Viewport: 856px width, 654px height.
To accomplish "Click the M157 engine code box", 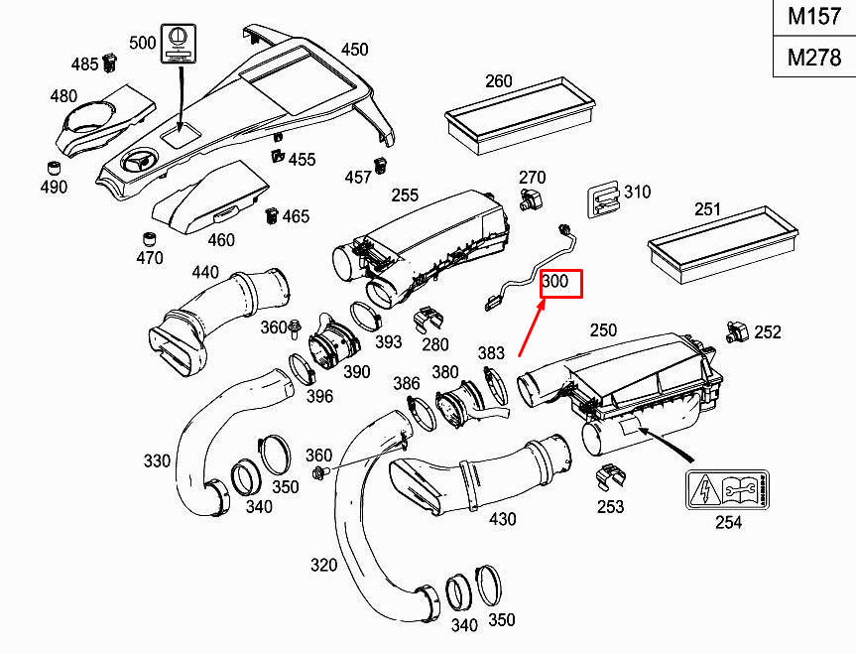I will tap(813, 18).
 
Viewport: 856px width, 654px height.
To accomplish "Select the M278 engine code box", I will tap(813, 58).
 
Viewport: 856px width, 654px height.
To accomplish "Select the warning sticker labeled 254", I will tap(726, 490).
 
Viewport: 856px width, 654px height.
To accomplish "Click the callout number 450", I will tap(354, 50).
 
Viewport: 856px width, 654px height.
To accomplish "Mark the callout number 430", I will tap(503, 517).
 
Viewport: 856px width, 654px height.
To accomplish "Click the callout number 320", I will tap(323, 566).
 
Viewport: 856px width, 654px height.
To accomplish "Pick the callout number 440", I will tap(205, 272).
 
